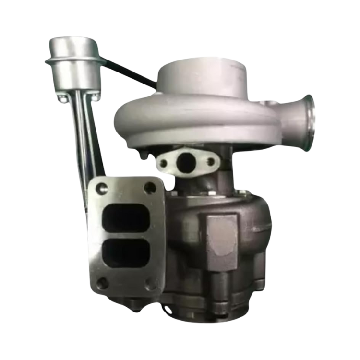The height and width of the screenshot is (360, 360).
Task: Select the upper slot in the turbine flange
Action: tap(127, 218)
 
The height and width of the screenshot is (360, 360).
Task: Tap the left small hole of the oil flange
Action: tap(164, 163)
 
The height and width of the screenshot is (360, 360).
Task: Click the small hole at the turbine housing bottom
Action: tap(168, 307)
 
